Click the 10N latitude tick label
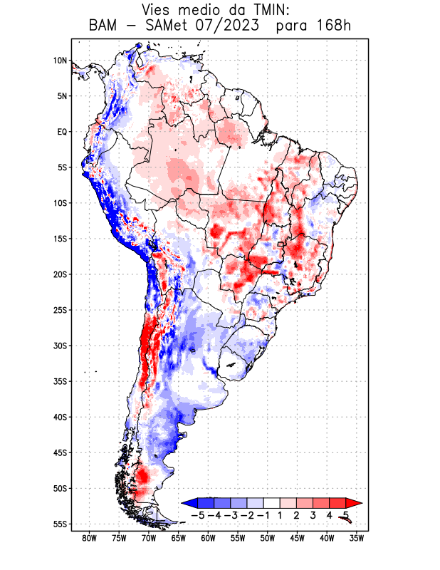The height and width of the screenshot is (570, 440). click(60, 61)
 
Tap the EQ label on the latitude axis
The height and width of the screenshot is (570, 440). click(61, 132)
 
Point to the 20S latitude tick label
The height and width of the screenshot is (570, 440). click(59, 274)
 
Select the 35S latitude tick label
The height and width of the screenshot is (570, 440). click(59, 381)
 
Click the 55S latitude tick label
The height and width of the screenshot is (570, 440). click(59, 524)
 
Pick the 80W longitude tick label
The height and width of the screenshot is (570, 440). click(90, 538)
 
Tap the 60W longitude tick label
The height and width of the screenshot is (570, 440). click(209, 538)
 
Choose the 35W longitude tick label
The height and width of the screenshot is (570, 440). click(357, 538)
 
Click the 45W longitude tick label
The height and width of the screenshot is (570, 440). click(298, 538)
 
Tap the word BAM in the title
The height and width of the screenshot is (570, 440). click(105, 26)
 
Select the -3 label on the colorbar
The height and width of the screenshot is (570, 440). click(231, 515)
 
